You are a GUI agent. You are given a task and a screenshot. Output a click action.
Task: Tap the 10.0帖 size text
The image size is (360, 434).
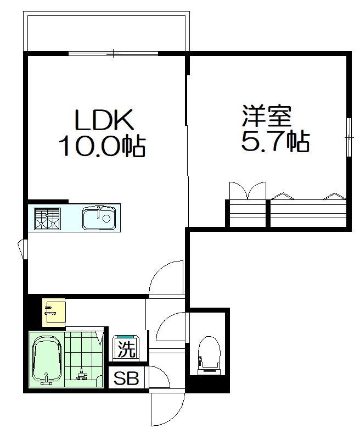tap(102, 147)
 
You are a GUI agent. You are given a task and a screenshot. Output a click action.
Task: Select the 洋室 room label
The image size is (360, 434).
tap(267, 116)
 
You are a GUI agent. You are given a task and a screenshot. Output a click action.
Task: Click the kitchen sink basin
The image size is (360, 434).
tap(99, 218)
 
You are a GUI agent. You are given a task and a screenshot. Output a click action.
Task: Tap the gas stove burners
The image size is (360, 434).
tap(47, 218)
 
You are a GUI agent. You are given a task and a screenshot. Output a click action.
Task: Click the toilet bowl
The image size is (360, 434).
tap(208, 352)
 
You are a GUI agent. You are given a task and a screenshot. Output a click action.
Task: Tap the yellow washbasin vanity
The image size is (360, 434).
tap(54, 312)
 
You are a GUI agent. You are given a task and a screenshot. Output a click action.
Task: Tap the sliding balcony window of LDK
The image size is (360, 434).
tap(114, 53)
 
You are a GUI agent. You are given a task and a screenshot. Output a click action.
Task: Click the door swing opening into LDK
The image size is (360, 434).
tap(167, 277)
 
